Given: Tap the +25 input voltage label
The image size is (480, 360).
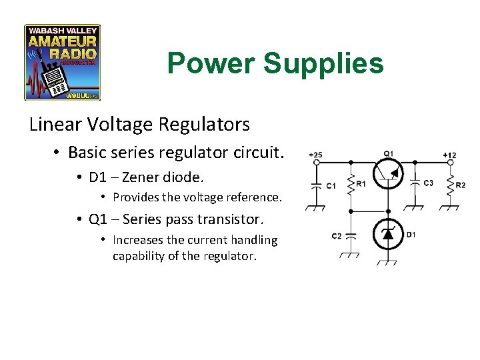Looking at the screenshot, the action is tap(315, 155).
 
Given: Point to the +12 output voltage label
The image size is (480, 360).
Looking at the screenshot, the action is tap(449, 155).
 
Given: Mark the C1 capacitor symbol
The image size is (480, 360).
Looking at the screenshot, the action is tap(315, 186).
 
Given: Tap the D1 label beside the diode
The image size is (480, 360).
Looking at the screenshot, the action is tap(411, 235).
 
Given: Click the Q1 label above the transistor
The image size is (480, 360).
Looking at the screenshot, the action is tap(389, 153).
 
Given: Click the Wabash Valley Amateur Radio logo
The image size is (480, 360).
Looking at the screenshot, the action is tap(62, 63).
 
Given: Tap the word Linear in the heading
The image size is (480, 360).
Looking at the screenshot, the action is tap(53, 124).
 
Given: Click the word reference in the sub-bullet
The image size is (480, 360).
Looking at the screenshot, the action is tap(251, 197).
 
